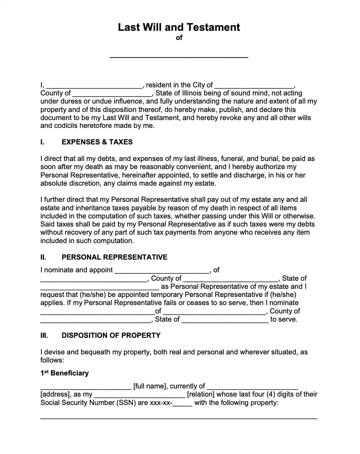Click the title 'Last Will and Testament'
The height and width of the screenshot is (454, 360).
179,27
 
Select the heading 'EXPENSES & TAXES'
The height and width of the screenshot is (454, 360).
97,142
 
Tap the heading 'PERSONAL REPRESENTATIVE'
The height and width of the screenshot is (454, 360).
114,257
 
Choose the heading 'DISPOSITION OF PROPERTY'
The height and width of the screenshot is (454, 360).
111,335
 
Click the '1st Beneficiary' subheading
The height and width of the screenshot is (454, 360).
64,373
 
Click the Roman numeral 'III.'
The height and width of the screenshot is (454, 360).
44,335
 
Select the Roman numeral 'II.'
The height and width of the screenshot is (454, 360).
43,257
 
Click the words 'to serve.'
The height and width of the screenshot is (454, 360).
284,319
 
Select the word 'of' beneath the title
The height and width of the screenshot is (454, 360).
179,38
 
